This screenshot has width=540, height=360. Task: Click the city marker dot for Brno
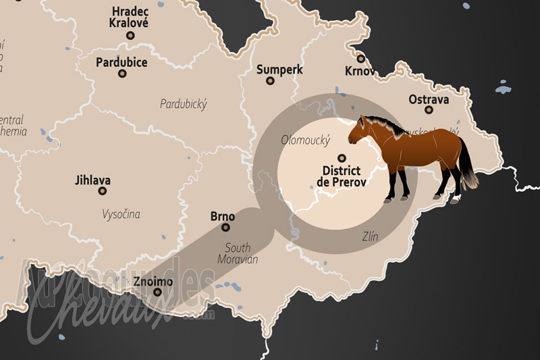pos(225,228)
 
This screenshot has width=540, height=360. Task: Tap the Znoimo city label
pos(153,281)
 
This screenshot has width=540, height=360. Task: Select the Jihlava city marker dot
pos(103,191)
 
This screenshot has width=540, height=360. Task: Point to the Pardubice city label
pos(122,62)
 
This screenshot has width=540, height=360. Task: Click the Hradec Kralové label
pos(130,16)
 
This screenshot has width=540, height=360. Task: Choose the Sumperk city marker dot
pos(270,81)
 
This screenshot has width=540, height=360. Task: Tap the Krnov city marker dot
pos(361,59)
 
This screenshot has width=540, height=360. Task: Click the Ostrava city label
pos(429,100)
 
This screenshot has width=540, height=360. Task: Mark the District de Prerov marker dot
pos(341,157)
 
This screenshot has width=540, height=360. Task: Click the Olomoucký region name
pos(305,140)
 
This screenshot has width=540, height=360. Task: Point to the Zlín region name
pos(369,236)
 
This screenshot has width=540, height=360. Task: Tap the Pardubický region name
pos(184,104)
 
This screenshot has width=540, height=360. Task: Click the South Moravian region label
pos(238,253)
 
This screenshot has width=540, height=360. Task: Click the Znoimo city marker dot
pos(158,293)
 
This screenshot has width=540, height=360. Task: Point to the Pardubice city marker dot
pos(122,74)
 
